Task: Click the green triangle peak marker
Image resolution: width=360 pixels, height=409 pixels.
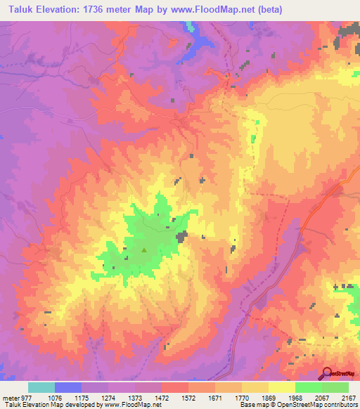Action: pyautogui.click(x=144, y=249)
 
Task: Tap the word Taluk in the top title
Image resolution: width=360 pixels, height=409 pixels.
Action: pyautogui.click(x=17, y=8)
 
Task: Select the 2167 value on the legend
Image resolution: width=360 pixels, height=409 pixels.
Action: pyautogui.click(x=348, y=397)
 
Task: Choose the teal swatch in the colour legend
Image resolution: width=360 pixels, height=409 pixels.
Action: pyautogui.click(x=41, y=387)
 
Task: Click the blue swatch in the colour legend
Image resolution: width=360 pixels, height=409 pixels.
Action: pyautogui.click(x=68, y=387)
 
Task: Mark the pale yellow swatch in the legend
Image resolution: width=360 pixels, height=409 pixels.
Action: pyautogui.click(x=281, y=387)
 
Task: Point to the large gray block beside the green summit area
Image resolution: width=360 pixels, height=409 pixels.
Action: pyautogui.click(x=181, y=237)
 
